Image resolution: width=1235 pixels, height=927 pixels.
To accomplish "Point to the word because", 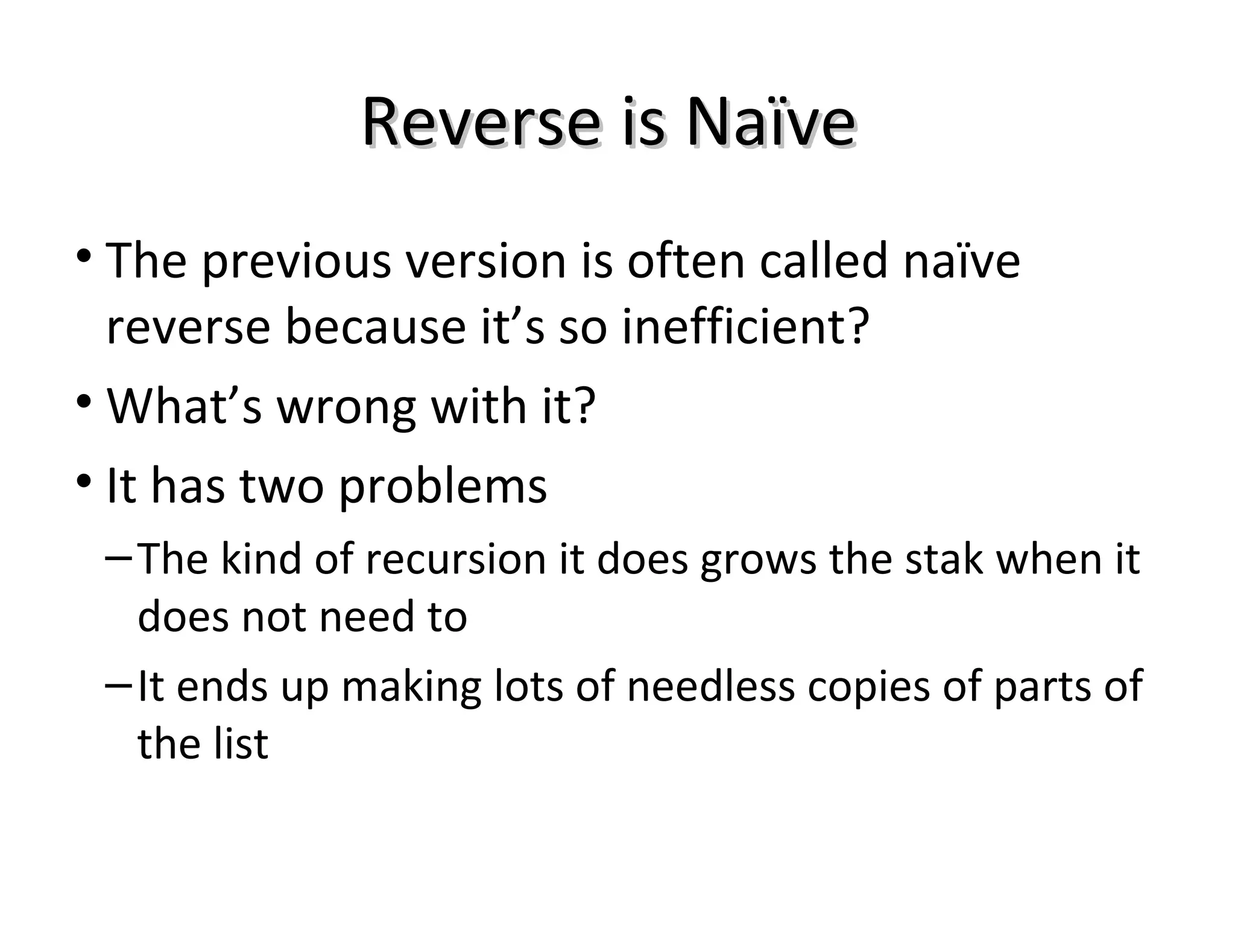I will (x=375, y=327).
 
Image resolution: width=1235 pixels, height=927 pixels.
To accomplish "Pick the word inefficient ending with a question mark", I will (x=745, y=327).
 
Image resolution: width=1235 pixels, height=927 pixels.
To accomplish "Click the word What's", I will (x=184, y=406).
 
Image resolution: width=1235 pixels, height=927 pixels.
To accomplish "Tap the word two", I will (x=282, y=485).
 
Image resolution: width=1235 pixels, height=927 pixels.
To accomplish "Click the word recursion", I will (x=456, y=559).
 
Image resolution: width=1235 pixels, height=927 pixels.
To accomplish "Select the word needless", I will (x=711, y=686).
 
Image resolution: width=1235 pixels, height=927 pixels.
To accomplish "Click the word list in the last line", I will (x=240, y=744).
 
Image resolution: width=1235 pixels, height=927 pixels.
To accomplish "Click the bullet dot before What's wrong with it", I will (x=84, y=401).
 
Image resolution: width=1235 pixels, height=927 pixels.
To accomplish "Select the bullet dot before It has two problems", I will (x=84, y=481).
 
